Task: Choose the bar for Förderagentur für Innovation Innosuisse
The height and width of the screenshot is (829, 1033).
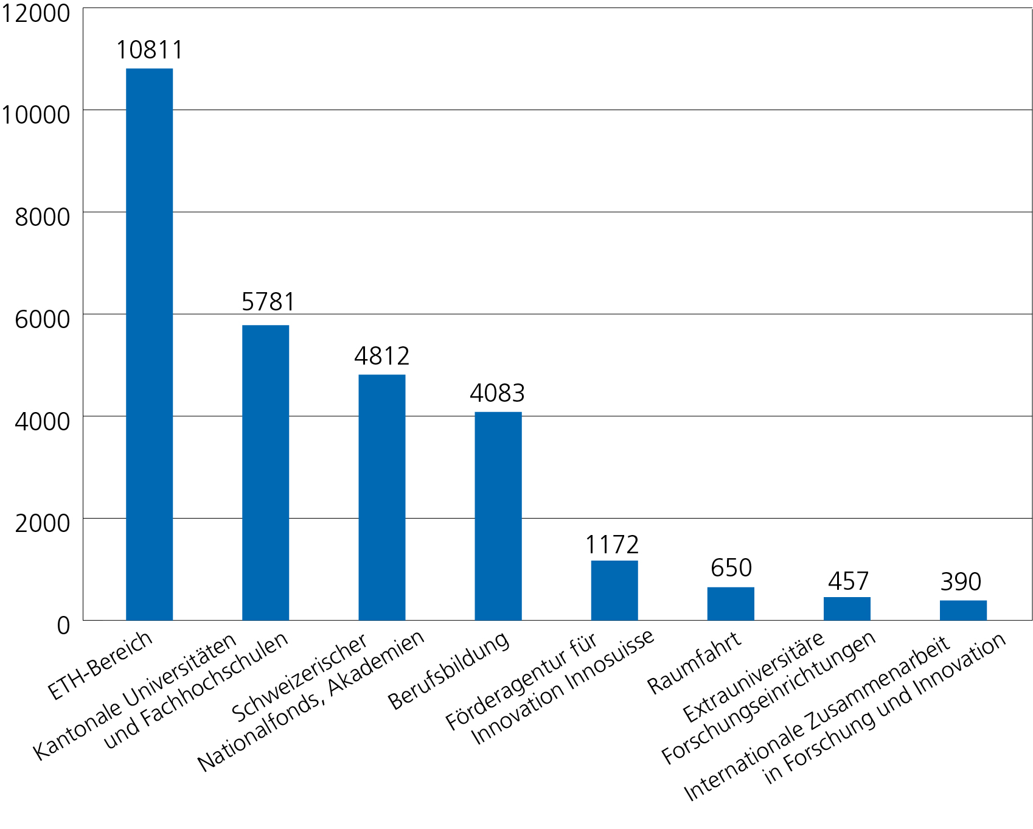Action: tap(614, 590)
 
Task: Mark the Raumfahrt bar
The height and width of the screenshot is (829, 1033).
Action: tap(731, 604)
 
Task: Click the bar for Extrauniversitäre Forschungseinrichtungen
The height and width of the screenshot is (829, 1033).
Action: tap(847, 609)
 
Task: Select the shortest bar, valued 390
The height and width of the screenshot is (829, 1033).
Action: tap(963, 610)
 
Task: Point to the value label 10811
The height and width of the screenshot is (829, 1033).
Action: tap(149, 50)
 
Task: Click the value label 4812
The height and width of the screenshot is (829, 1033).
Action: tap(381, 356)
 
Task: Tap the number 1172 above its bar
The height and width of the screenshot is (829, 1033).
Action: tap(612, 545)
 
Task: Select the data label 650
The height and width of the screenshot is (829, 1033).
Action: tap(731, 568)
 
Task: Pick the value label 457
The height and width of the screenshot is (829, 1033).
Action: tap(848, 581)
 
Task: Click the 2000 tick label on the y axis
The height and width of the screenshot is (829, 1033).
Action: tap(42, 523)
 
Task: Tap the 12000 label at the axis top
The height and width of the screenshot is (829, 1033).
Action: tap(35, 13)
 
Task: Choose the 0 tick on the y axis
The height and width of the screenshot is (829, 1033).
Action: tap(63, 625)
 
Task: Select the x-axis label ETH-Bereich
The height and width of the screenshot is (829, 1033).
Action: tap(100, 665)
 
